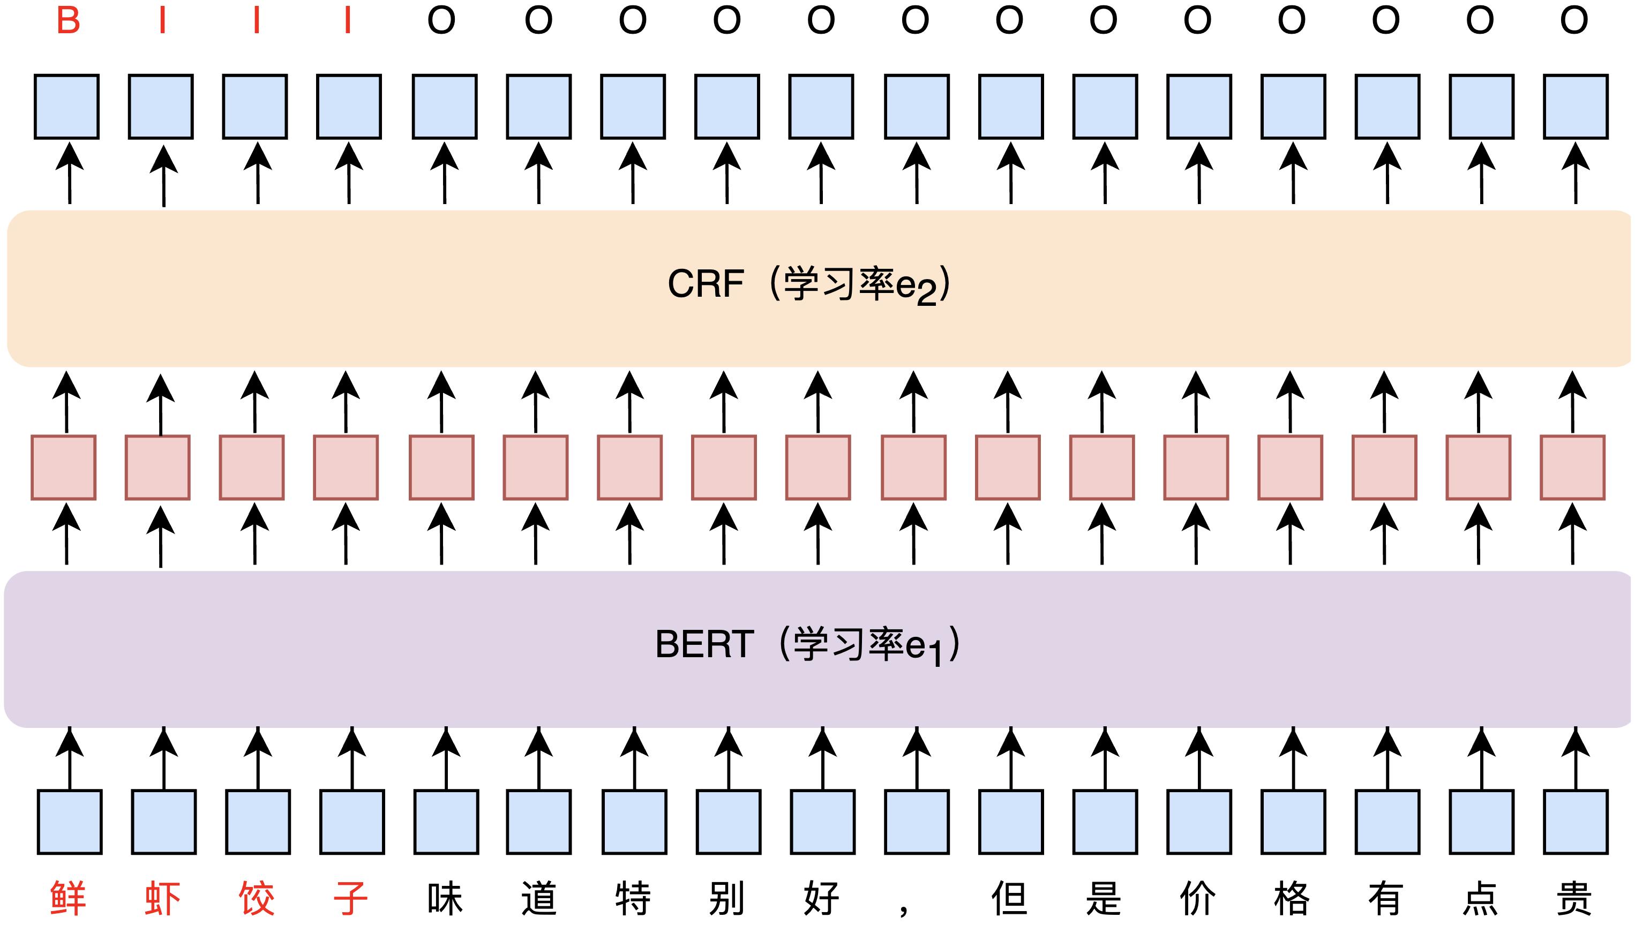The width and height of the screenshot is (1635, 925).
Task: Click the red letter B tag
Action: point(68,20)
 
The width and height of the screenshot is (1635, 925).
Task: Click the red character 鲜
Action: point(68,898)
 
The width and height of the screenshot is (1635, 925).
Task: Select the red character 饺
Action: point(257,898)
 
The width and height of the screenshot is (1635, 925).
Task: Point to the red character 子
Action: point(350,898)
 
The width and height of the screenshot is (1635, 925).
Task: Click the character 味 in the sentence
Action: point(445,898)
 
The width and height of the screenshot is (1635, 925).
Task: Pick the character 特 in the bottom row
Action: point(633,898)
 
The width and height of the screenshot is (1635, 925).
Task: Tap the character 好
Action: point(821,898)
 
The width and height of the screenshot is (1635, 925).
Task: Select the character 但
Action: point(1009,898)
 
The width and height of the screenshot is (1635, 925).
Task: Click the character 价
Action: point(1198,898)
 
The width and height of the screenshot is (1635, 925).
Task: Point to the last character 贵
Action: point(1574,898)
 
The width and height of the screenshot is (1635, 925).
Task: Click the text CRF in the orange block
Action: point(706,283)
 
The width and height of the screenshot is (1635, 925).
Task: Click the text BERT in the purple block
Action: point(704,644)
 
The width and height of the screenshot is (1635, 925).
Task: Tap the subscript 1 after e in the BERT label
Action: point(935,655)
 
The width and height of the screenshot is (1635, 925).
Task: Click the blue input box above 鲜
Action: point(69,822)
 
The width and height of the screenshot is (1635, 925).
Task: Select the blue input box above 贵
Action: point(1576,822)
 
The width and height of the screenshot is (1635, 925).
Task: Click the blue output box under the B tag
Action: point(67,106)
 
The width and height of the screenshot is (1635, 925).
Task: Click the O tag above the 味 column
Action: point(441,20)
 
